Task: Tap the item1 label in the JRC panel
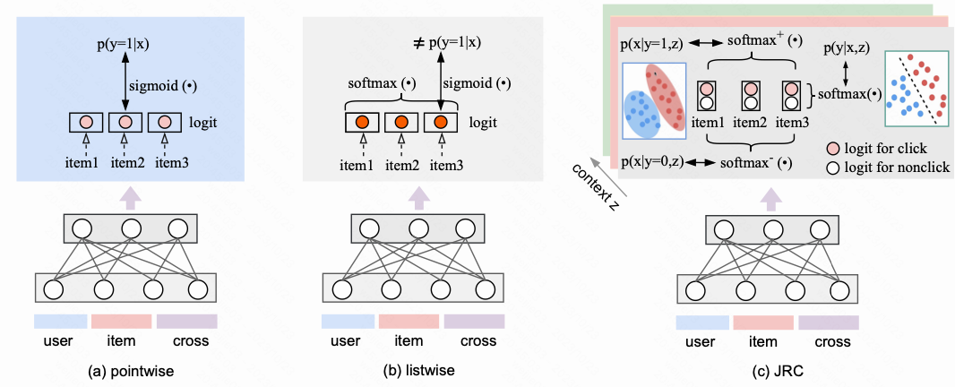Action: point(707,119)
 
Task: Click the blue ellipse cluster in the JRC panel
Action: point(643,115)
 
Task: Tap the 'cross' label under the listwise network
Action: point(474,340)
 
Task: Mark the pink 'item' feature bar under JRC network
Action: point(762,322)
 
